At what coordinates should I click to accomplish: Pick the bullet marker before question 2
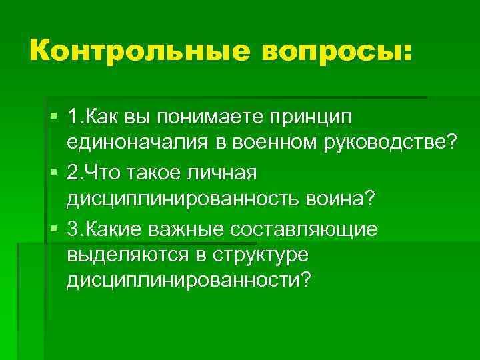point(53,173)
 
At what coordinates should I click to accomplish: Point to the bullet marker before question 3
point(53,229)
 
